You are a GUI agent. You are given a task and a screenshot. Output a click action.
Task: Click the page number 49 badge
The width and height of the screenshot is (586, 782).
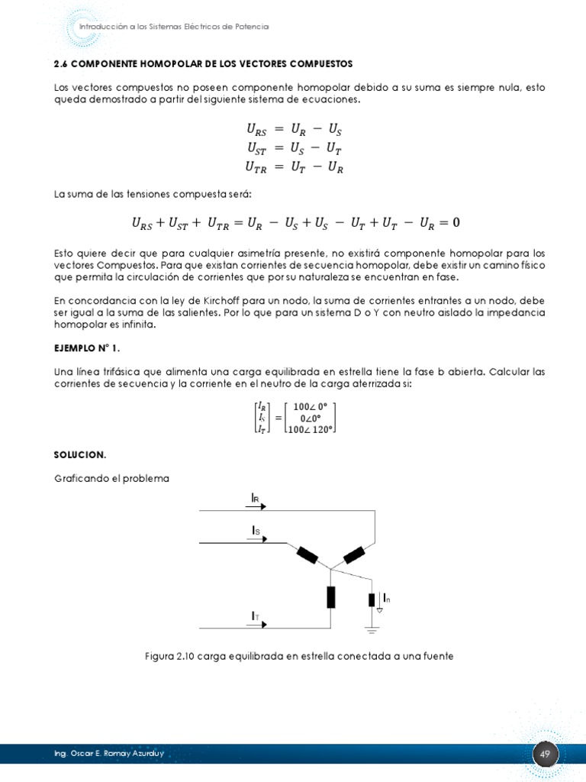click(x=545, y=755)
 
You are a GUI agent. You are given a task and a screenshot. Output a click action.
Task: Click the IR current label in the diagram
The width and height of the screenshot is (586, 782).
click(x=256, y=498)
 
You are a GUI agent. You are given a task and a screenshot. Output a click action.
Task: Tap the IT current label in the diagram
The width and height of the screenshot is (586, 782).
click(x=256, y=615)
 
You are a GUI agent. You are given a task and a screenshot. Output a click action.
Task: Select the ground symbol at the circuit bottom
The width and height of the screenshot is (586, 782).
click(x=372, y=630)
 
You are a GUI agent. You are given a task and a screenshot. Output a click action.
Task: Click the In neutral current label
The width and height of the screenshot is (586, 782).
click(x=387, y=597)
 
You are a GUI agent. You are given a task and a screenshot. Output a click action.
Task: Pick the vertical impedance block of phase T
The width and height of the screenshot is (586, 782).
click(x=330, y=596)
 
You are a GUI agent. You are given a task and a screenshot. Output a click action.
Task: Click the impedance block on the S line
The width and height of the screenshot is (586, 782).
click(x=307, y=554)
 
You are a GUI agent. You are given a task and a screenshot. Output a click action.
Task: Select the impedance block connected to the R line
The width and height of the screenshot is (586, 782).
click(x=354, y=554)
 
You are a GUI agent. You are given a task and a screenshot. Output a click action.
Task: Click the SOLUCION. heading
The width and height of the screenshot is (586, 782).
click(x=80, y=454)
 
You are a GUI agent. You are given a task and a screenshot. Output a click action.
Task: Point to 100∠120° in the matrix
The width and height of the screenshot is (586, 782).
click(x=309, y=429)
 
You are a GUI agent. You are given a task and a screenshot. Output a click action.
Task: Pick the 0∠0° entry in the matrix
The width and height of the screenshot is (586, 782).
click(x=309, y=418)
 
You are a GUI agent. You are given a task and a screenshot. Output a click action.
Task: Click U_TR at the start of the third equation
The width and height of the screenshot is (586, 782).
click(x=256, y=167)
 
